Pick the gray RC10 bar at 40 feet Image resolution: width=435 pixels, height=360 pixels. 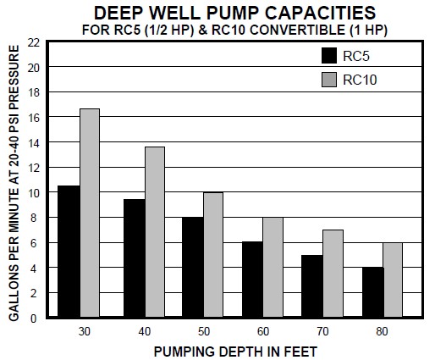pyautogui.click(x=155, y=232)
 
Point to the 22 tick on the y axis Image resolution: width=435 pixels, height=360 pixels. pyautogui.click(x=33, y=42)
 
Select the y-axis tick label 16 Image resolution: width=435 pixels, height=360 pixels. pyautogui.click(x=33, y=117)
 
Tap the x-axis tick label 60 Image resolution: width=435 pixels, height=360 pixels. pyautogui.click(x=263, y=330)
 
